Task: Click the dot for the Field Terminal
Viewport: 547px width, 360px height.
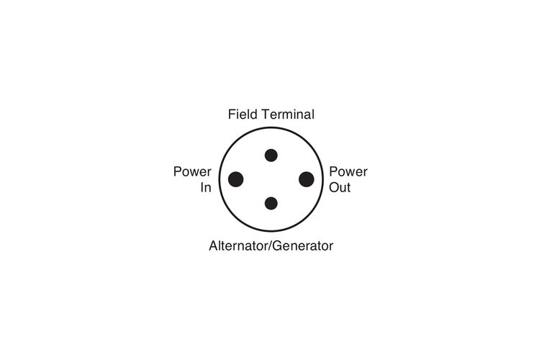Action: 271,155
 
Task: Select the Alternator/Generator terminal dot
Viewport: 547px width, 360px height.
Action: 271,203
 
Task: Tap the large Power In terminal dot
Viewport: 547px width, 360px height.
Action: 235,179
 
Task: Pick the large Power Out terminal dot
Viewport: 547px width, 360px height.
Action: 307,179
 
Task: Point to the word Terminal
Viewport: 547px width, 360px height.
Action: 287,114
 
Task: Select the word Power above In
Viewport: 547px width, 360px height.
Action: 192,172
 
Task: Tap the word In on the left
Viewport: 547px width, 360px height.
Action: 206,189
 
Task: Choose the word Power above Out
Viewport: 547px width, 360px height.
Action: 348,172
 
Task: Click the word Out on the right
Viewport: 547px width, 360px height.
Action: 340,189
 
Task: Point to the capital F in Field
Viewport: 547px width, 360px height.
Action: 232,114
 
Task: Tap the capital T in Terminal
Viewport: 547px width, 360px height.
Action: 263,114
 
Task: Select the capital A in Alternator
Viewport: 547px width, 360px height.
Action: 213,246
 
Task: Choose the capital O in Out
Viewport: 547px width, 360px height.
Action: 334,189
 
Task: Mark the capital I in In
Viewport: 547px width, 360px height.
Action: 202,189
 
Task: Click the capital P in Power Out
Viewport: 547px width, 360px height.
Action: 333,172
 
